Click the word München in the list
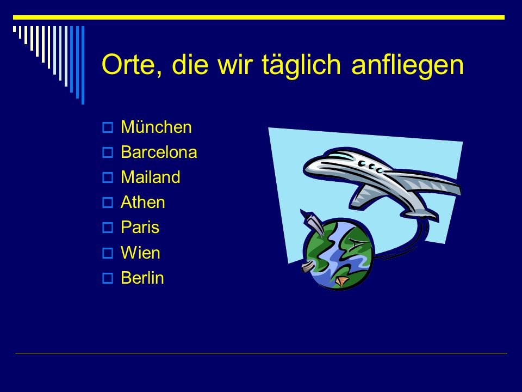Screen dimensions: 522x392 pyautogui.click(x=156, y=127)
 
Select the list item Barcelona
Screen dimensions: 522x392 pyautogui.click(x=159, y=152)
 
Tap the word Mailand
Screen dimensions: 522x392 pyautogui.click(x=151, y=177)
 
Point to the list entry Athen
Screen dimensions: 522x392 pyautogui.click(x=143, y=203)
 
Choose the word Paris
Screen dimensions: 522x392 pyautogui.click(x=140, y=228)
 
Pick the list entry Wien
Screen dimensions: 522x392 pyautogui.click(x=140, y=253)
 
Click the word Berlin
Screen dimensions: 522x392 pyautogui.click(x=142, y=278)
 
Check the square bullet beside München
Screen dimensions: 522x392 pyautogui.click(x=108, y=127)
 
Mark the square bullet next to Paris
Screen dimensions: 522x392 pyautogui.click(x=108, y=228)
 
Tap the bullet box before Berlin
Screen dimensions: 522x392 pyautogui.click(x=108, y=278)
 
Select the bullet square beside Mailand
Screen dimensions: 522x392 pyautogui.click(x=108, y=177)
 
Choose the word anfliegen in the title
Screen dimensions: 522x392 pyautogui.click(x=407, y=64)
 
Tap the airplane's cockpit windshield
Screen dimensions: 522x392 pyautogui.click(x=341, y=155)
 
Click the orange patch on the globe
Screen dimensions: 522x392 pyautogui.click(x=342, y=281)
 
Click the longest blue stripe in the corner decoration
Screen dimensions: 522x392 pyautogui.click(x=83, y=65)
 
